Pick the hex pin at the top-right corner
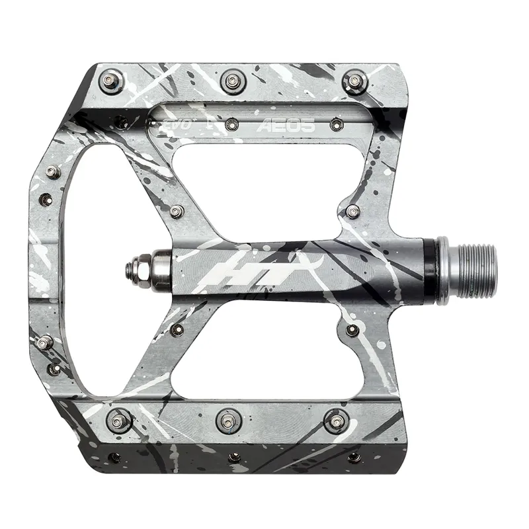pos(353,81)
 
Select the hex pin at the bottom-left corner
pos(120,419)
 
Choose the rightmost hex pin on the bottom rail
pos(336,419)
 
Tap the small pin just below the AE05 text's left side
pos(231,124)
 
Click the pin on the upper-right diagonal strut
pos(352,212)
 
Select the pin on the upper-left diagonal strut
pos(176,212)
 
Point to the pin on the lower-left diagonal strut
pos(176,329)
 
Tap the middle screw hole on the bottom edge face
pos(233,457)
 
